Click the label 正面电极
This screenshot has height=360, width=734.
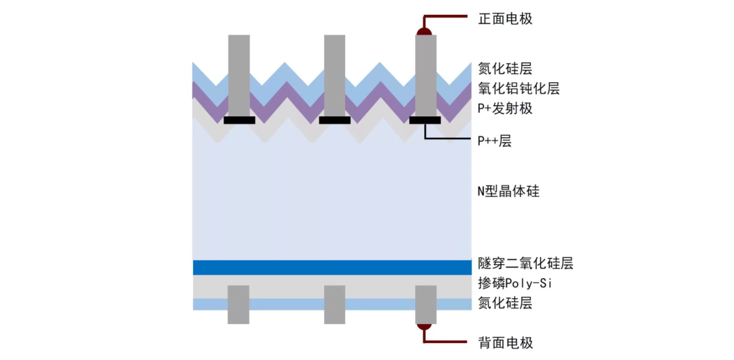tap(505, 18)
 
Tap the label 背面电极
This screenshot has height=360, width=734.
tap(505, 342)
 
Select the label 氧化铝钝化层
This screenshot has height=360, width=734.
tap(519, 88)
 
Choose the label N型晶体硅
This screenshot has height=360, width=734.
tap(508, 191)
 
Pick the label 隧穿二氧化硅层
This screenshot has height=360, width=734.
tap(525, 264)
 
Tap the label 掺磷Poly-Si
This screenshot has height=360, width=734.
tap(514, 283)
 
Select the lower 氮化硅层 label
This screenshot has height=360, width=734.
tap(505, 303)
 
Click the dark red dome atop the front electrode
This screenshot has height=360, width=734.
tap(425, 31)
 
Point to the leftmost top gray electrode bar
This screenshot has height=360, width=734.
tap(239, 75)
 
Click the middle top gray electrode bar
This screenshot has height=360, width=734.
tap(334, 75)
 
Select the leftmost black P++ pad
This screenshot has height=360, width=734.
tap(239, 120)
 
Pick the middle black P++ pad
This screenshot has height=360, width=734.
tap(334, 120)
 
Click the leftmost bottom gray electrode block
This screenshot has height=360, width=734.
tap(239, 304)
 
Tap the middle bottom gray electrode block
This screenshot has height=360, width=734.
tap(334, 304)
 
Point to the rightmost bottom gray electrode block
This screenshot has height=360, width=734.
tap(425, 304)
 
